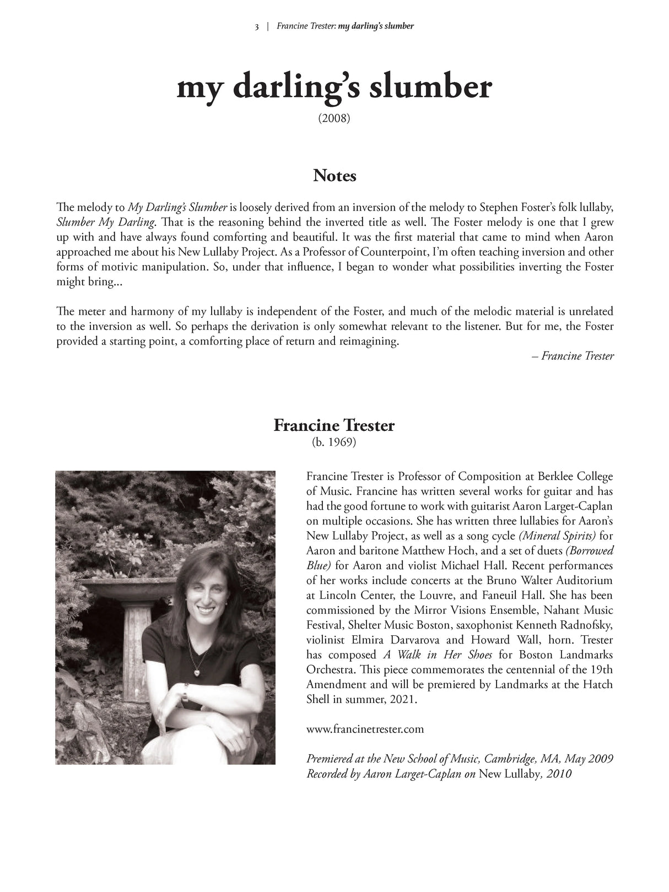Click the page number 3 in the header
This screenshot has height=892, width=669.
pos(257,26)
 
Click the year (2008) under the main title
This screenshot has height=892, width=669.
pos(334,118)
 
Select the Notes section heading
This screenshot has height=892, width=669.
pos(334,176)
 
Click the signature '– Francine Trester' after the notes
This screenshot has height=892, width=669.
pos(573,356)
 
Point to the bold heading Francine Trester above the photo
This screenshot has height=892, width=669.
pos(334,425)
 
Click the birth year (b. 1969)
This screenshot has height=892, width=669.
pos(334,442)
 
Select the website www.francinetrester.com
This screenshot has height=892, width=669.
pos(365,729)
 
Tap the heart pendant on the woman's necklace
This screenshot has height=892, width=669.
pos(197,673)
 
